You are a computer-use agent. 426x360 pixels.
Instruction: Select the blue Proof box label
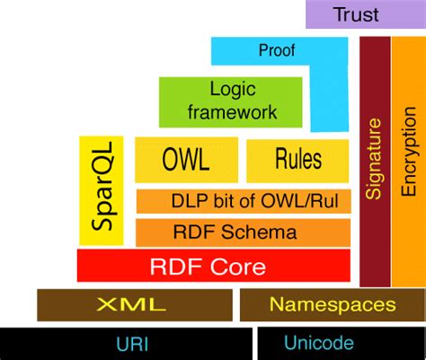pyautogui.click(x=276, y=50)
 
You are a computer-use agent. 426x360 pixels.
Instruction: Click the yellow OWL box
pyautogui.click(x=186, y=160)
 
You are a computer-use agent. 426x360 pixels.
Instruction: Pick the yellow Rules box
pyautogui.click(x=297, y=160)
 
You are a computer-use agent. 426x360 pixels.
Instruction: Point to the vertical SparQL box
pyautogui.click(x=101, y=190)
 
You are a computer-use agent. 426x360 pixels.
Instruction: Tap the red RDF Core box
pyautogui.click(x=213, y=266)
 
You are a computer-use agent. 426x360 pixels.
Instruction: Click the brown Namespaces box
pyautogui.click(x=332, y=304)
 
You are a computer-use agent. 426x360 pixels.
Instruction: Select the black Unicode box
pyautogui.click(x=342, y=343)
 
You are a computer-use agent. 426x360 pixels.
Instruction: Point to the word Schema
pyautogui.click(x=265, y=233)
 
